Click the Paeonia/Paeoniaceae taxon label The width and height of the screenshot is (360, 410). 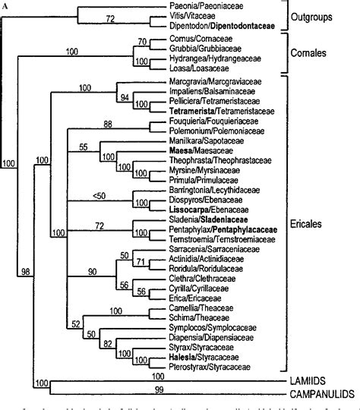[199, 6]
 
